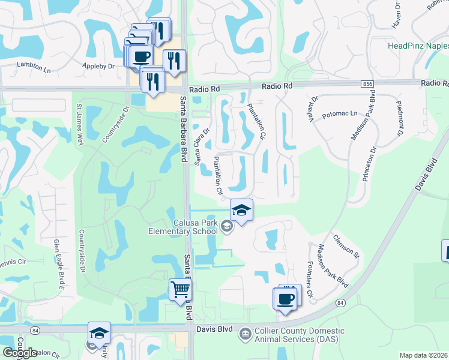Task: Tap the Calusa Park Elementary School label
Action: pyautogui.click(x=187, y=227)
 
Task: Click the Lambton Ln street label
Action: pyautogui.click(x=34, y=64)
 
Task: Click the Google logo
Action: pyautogui.click(x=20, y=352)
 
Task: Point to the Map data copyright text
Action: pyautogui.click(x=424, y=355)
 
